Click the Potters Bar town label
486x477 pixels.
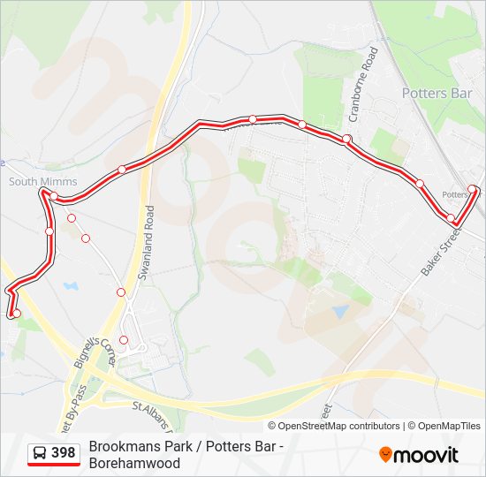(437, 93)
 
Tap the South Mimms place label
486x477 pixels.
(42, 182)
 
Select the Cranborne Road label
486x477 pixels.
(362, 85)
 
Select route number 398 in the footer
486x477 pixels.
(63, 453)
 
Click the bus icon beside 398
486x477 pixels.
(40, 453)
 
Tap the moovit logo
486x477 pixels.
(419, 455)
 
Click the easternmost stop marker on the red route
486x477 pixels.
(473, 189)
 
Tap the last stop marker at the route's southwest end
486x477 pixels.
(16, 313)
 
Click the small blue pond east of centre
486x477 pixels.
(340, 312)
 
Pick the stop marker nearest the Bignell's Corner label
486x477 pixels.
(124, 340)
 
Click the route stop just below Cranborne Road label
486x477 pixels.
(347, 139)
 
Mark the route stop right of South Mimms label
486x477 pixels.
(55, 196)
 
